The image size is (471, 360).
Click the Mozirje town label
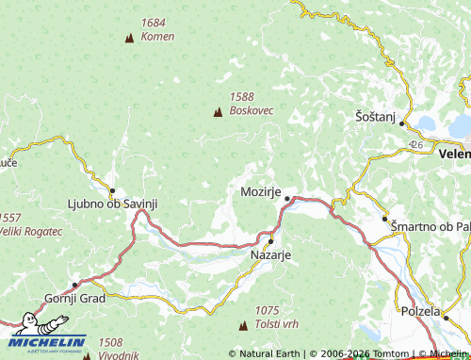click(x=255, y=191)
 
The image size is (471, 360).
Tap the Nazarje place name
click(x=271, y=254)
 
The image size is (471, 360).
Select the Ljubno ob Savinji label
click(x=112, y=203)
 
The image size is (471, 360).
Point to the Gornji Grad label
click(x=74, y=299)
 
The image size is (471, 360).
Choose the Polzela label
click(x=420, y=311)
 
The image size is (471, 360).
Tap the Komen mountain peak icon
click(x=129, y=38)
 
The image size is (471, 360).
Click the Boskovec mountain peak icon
click(x=219, y=112)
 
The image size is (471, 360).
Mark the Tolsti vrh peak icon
click(x=244, y=325)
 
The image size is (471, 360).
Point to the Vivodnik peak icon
click(x=88, y=356)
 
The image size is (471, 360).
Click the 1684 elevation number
click(x=152, y=22)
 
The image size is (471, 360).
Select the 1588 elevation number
click(x=242, y=96)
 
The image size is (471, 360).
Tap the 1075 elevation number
click(x=268, y=310)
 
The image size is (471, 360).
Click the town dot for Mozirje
click(x=286, y=198)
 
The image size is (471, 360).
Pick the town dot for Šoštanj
click(x=402, y=123)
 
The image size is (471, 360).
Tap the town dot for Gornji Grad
click(x=74, y=285)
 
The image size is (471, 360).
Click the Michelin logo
click(x=47, y=344)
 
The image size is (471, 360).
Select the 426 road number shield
click(x=416, y=144)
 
